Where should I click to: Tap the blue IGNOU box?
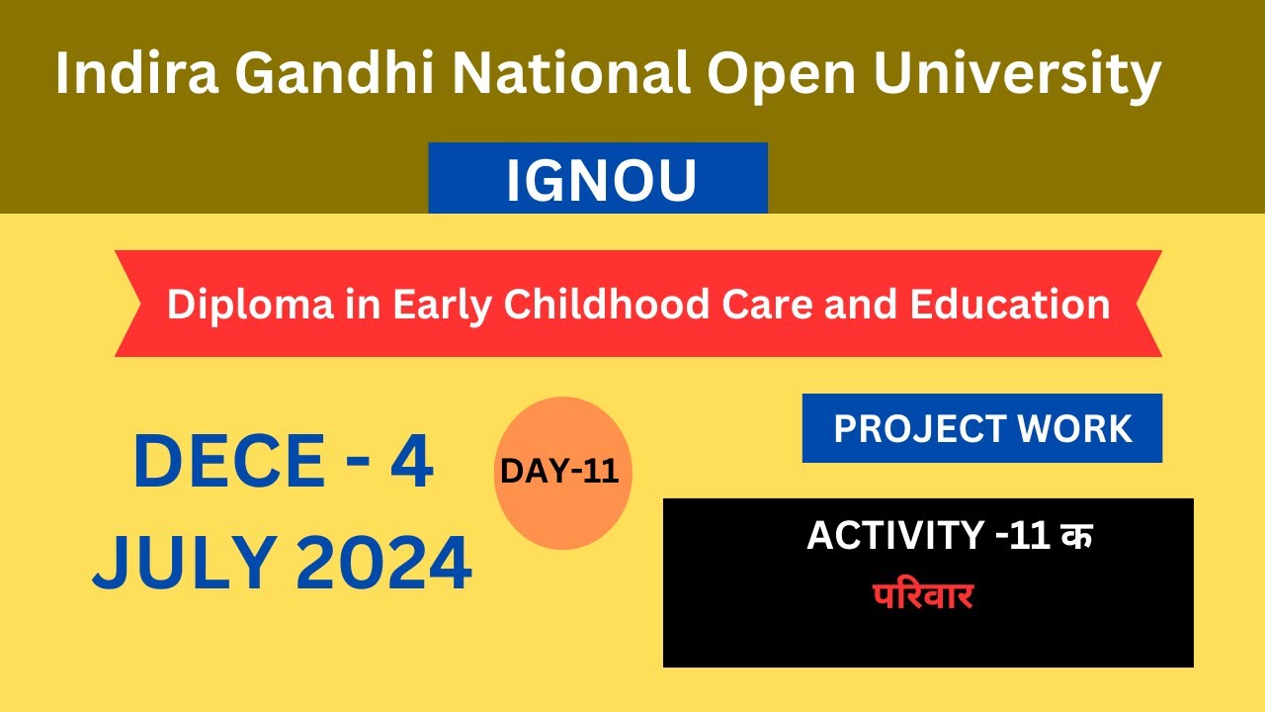point(598,179)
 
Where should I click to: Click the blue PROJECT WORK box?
point(982,429)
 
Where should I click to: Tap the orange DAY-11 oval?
point(561,473)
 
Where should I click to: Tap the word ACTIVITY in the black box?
point(894,536)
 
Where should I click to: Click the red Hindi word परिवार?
point(923,596)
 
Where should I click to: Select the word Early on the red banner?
point(441,305)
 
